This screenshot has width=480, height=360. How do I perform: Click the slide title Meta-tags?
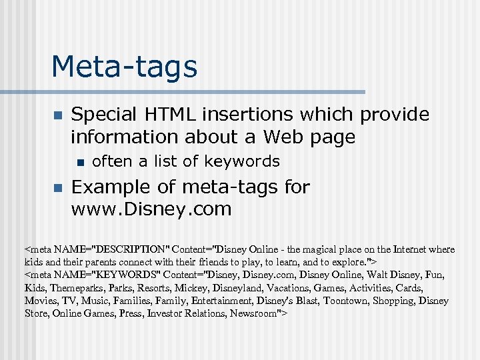tap(124, 67)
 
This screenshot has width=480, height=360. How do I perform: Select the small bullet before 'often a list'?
tap(80, 161)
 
